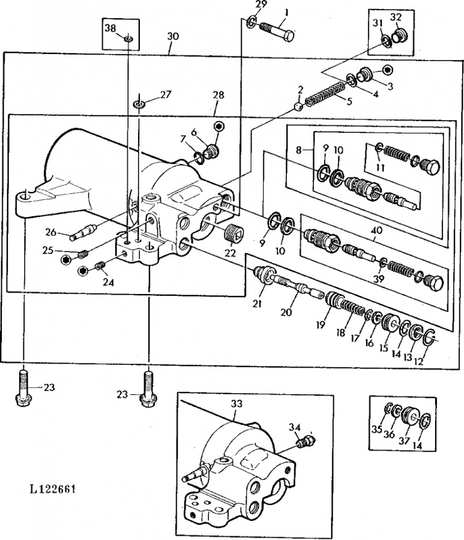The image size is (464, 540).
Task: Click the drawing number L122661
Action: point(53,488)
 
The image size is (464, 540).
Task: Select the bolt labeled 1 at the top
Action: point(278,31)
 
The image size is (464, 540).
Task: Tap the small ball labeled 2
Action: point(299,107)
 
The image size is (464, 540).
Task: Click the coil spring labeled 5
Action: point(325,92)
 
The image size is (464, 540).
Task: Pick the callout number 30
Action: point(173,36)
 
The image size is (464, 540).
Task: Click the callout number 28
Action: point(218,95)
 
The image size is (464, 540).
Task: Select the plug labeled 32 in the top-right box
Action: point(399,36)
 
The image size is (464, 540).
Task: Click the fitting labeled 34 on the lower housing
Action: point(307,441)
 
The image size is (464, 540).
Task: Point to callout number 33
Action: point(237,403)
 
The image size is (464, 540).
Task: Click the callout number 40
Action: point(376,230)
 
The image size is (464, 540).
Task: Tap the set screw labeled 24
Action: point(100,266)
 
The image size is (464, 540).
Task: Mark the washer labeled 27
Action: point(139,104)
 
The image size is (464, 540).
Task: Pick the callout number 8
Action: point(299,150)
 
